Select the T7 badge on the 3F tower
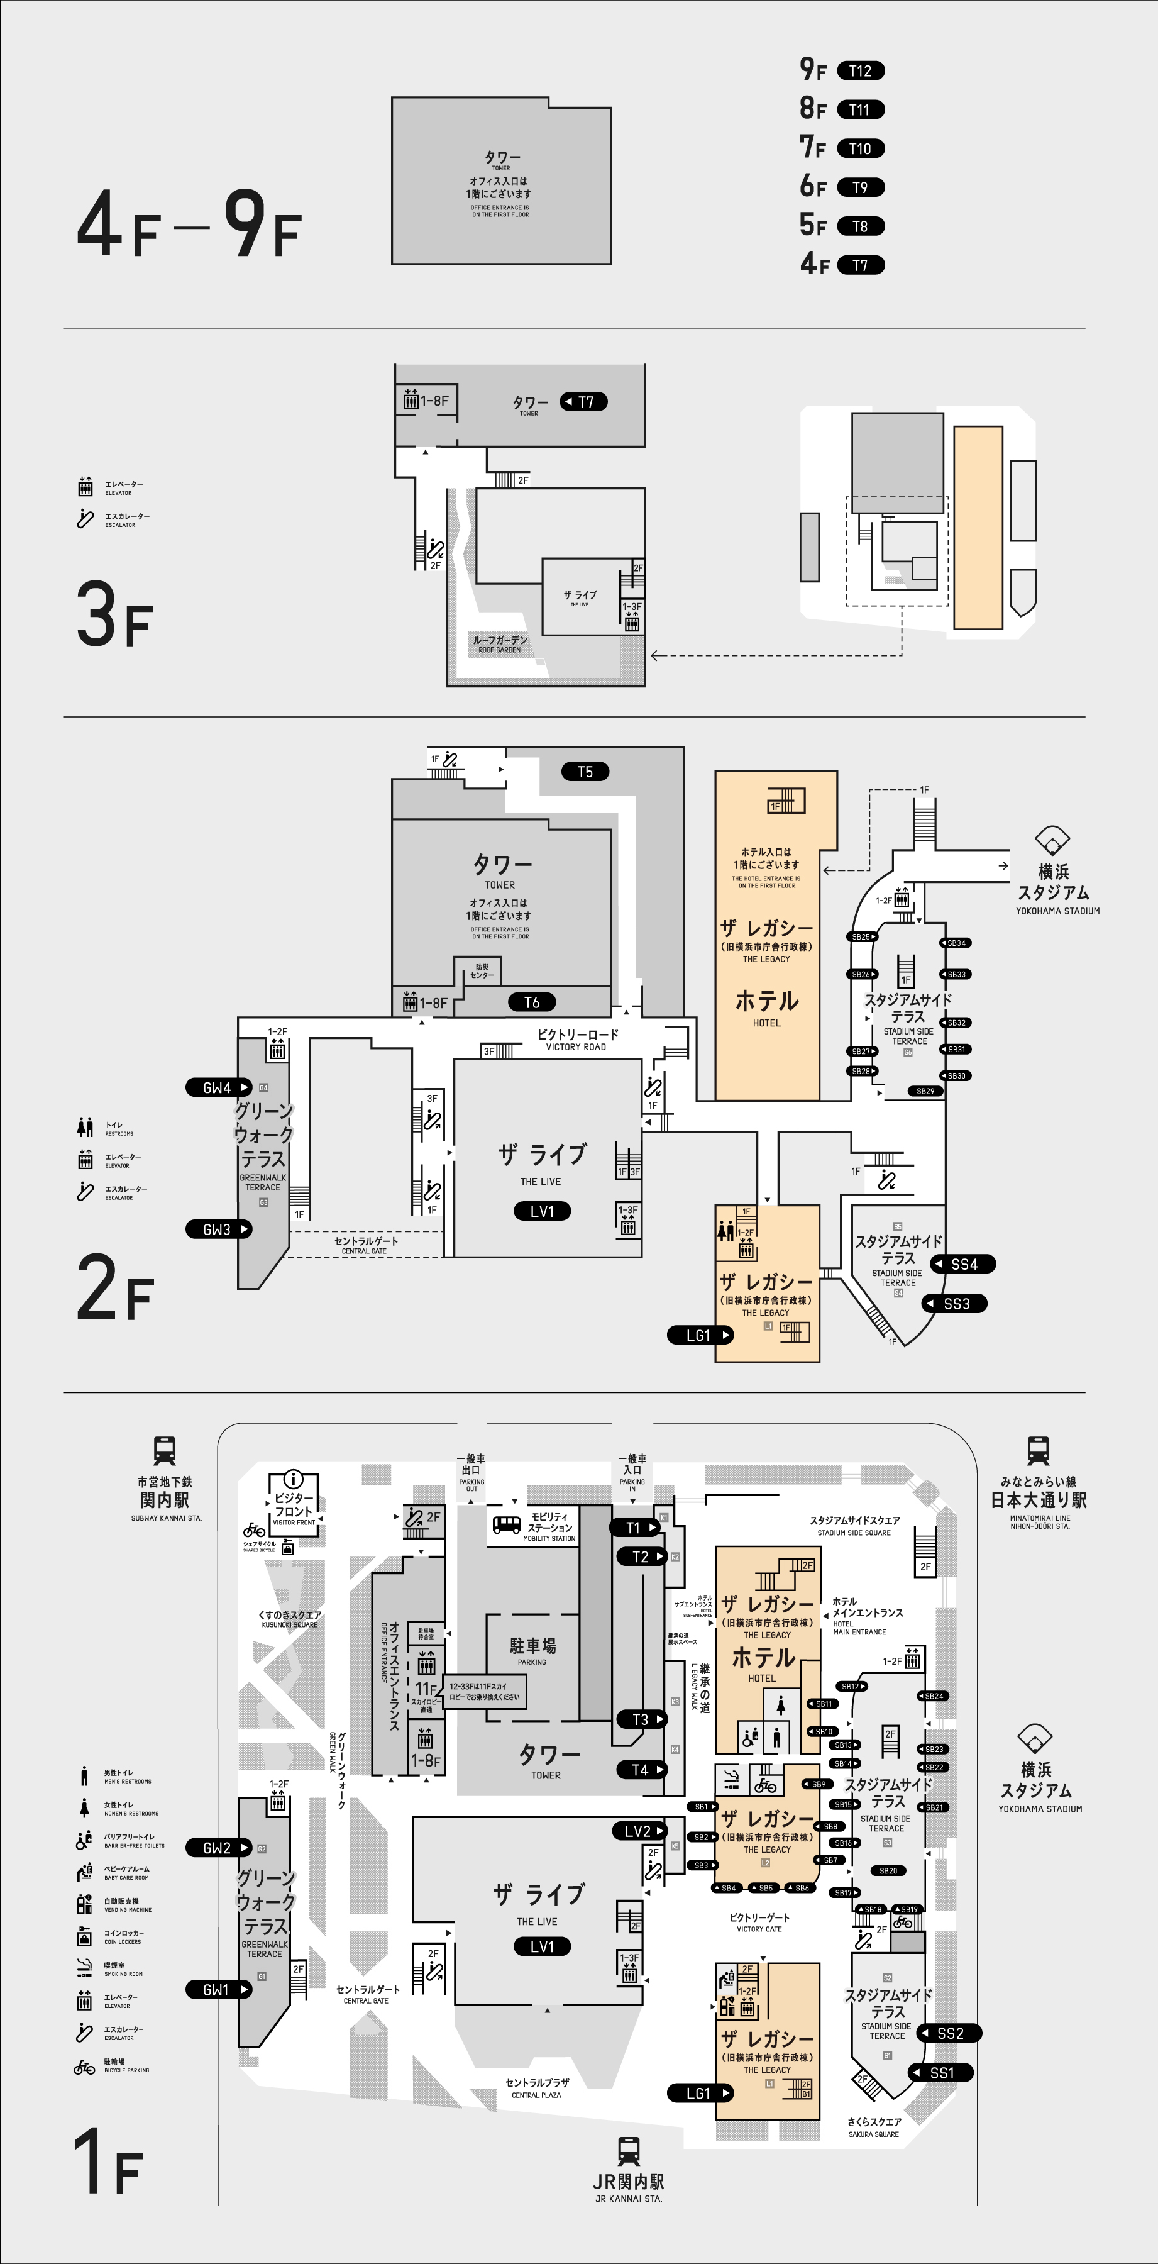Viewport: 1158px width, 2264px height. [x=584, y=402]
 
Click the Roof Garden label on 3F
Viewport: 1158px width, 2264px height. [x=500, y=643]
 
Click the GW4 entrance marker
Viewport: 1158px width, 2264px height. [x=218, y=1087]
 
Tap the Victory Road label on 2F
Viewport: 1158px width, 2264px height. [x=577, y=1040]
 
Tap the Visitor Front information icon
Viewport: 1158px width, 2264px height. [x=292, y=1479]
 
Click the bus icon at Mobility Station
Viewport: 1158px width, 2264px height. [x=506, y=1525]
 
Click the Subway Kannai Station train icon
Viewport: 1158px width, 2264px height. [x=164, y=1450]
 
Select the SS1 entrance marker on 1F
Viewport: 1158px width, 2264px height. [x=941, y=2072]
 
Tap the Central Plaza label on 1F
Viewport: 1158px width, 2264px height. [x=537, y=2088]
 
